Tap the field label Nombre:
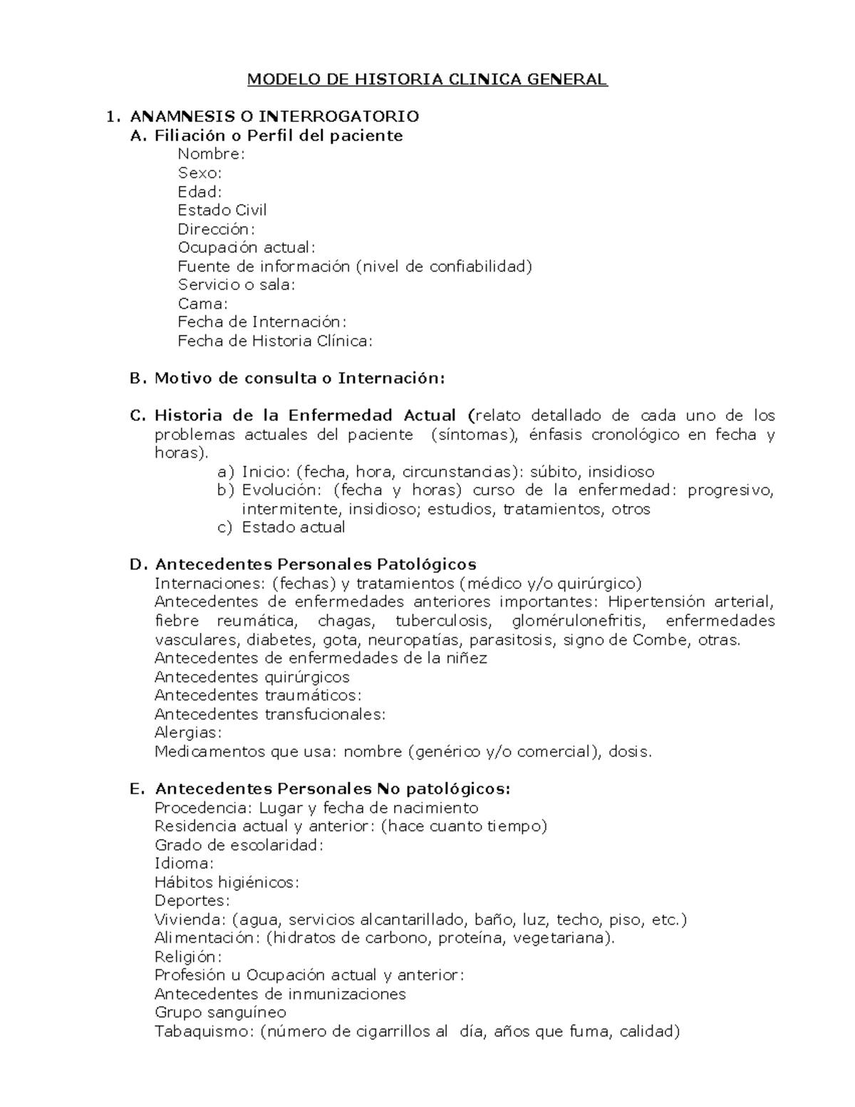211,154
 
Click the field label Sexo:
199,173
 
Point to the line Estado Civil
222,210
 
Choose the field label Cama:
202,304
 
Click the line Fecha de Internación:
262,322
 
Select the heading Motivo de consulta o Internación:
299,379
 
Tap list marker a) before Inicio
225,472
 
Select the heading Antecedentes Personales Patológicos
316,565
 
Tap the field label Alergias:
188,733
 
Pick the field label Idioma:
184,864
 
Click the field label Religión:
188,957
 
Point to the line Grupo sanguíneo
220,1013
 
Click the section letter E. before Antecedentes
138,789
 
